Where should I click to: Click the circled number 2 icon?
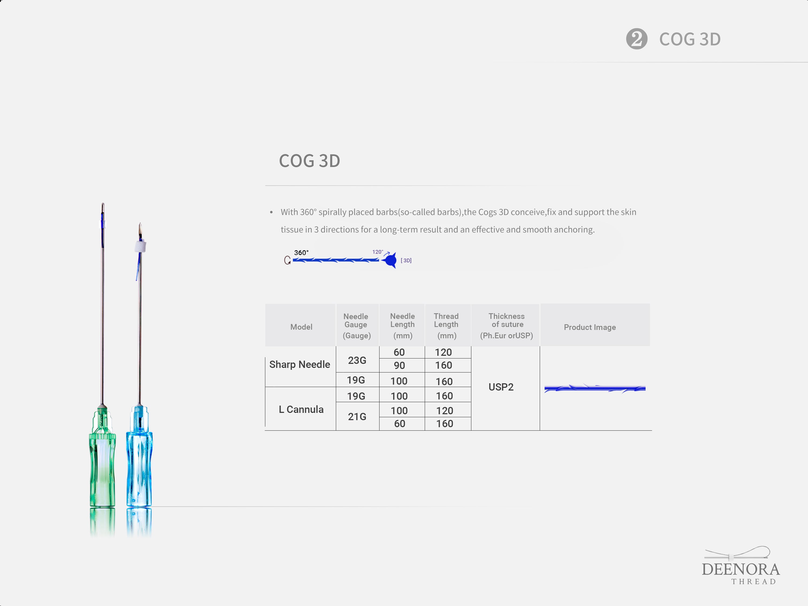637,39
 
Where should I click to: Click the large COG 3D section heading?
309,161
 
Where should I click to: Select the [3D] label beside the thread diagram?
406,260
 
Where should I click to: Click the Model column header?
301,327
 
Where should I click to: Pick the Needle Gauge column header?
356,326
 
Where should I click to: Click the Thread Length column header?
446,326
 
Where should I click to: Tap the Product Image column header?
590,327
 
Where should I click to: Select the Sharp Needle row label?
300,365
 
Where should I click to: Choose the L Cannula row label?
301,409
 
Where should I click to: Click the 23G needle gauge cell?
357,361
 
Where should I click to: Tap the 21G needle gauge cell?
357,417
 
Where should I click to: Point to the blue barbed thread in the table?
595,388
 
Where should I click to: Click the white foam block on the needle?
140,246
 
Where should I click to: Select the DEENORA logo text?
741,569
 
